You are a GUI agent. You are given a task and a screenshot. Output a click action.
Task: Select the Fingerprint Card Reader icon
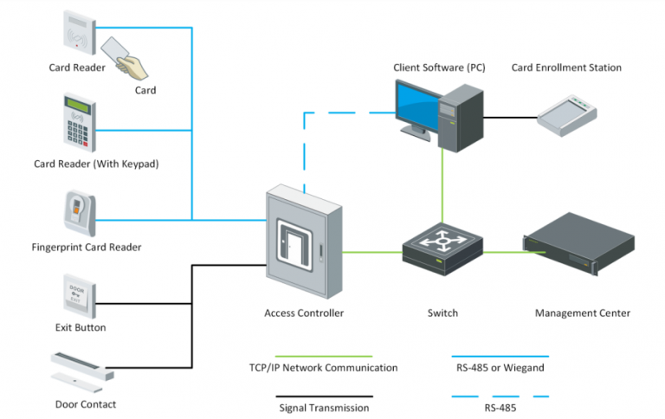pos(78,212)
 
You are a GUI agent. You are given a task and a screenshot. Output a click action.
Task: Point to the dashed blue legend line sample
pos(500,396)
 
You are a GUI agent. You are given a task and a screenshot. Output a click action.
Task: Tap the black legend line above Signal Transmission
pos(323,396)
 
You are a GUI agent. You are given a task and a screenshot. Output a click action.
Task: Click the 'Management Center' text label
pos(582,313)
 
